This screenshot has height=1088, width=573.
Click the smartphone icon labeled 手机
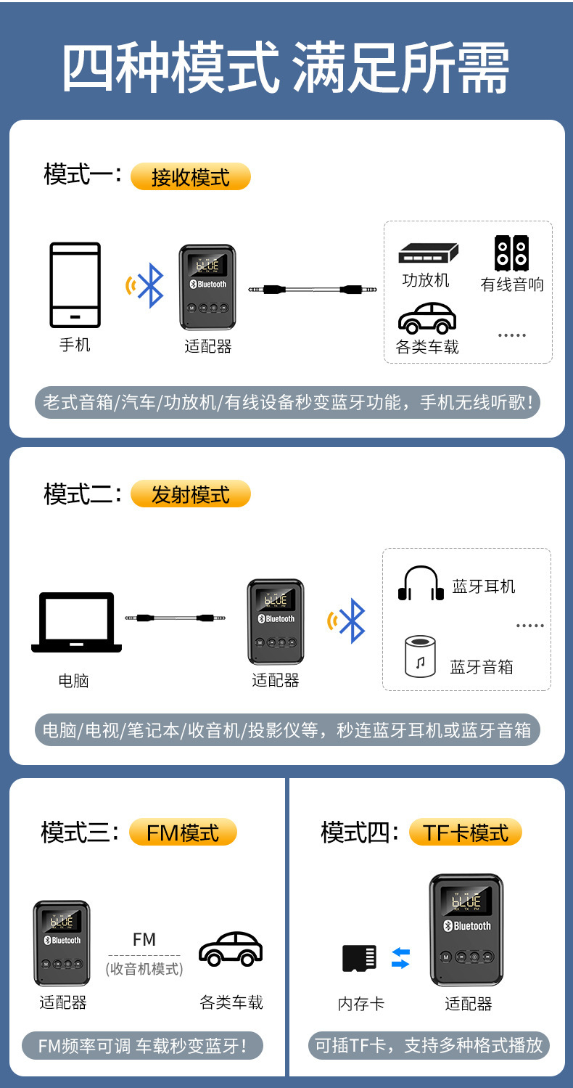pyautogui.click(x=75, y=285)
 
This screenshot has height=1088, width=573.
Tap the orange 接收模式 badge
pyautogui.click(x=190, y=177)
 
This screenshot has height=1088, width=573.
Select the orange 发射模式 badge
pyautogui.click(x=190, y=494)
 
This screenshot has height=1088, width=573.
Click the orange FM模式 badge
pyautogui.click(x=183, y=832)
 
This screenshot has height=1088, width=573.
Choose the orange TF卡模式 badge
pyautogui.click(x=466, y=832)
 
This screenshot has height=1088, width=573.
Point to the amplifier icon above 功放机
pyautogui.click(x=427, y=253)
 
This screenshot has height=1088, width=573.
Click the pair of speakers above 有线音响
pyautogui.click(x=511, y=253)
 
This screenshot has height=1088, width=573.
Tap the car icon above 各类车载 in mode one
pyautogui.click(x=427, y=317)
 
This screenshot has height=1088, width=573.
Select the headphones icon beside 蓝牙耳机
pyautogui.click(x=421, y=584)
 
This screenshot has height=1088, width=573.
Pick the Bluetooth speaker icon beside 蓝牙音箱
pyautogui.click(x=421, y=656)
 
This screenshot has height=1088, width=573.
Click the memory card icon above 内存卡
pyautogui.click(x=360, y=958)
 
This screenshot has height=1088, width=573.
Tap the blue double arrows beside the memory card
pyautogui.click(x=400, y=958)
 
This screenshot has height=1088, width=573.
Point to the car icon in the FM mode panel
pyautogui.click(x=231, y=949)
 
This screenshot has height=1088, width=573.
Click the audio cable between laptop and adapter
pyautogui.click(x=175, y=618)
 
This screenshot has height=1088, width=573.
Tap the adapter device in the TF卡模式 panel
pyautogui.click(x=466, y=929)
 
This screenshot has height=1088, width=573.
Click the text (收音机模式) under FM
pyautogui.click(x=144, y=968)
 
